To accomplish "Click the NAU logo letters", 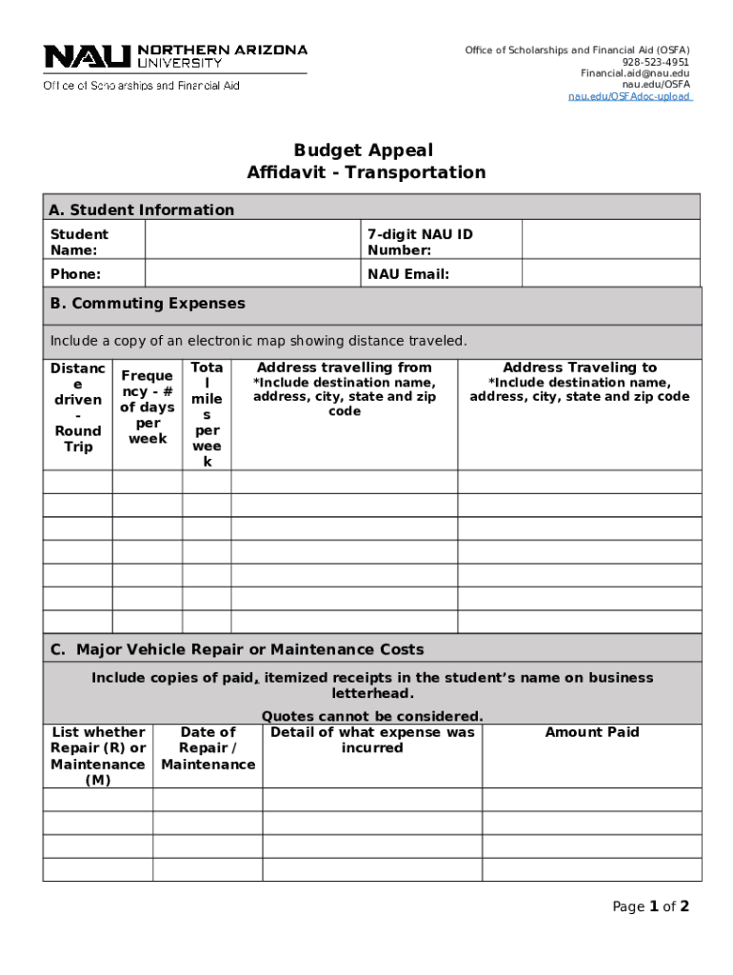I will (x=88, y=57).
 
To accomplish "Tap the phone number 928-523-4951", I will (x=656, y=62).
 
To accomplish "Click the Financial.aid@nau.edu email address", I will (x=635, y=73).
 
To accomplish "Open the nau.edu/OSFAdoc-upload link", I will (x=629, y=96).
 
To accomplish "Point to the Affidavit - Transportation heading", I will (x=366, y=172).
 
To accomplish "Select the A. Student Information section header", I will (x=142, y=209).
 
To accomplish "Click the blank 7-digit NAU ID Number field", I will (x=610, y=241).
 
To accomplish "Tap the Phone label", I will (x=76, y=274).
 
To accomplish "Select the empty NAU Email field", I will (x=610, y=274).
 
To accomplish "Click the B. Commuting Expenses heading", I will (x=148, y=304).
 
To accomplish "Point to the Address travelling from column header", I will (x=344, y=368).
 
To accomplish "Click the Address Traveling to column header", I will (x=579, y=368).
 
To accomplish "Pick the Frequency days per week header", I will (x=147, y=408).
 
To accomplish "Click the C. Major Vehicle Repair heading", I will (x=237, y=649).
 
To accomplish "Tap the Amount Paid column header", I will (x=591, y=732).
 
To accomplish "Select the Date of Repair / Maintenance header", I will (x=208, y=748).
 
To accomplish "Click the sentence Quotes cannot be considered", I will (x=372, y=716).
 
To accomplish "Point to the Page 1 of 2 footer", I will (x=650, y=906).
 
